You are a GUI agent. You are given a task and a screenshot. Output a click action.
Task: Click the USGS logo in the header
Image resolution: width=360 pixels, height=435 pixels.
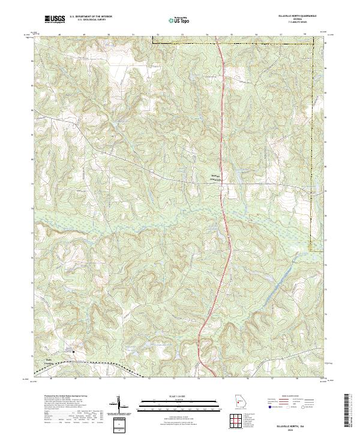(55, 20)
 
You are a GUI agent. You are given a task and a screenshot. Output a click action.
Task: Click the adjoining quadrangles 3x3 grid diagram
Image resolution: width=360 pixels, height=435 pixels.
(241, 421)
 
